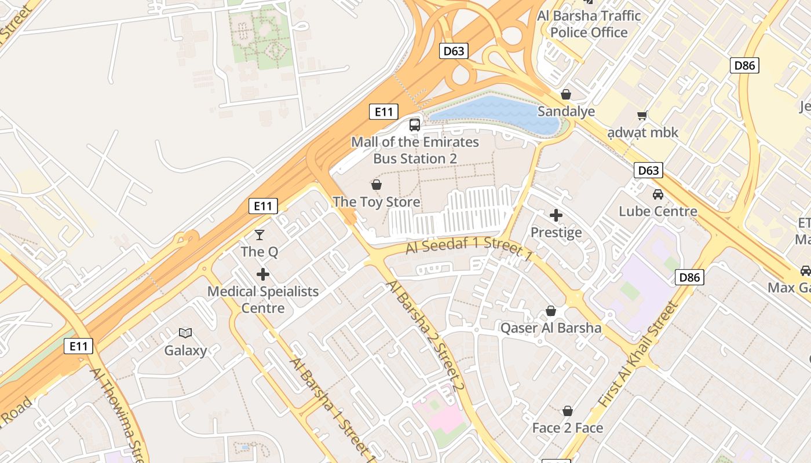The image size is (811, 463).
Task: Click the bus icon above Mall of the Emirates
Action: pyautogui.click(x=415, y=124)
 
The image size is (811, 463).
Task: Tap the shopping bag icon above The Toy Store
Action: pyautogui.click(x=377, y=185)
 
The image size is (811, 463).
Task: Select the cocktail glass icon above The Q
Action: pyautogui.click(x=260, y=234)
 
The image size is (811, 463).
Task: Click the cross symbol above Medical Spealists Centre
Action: pyautogui.click(x=263, y=274)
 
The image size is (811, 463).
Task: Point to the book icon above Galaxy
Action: pyautogui.click(x=185, y=333)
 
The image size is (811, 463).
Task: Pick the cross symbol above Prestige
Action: pyautogui.click(x=556, y=215)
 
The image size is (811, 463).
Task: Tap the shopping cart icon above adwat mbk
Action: pyautogui.click(x=642, y=115)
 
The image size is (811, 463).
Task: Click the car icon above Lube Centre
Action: pyautogui.click(x=658, y=194)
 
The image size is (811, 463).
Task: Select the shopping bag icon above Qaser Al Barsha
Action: pyautogui.click(x=551, y=311)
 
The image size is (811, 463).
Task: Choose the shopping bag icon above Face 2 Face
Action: pyautogui.click(x=568, y=411)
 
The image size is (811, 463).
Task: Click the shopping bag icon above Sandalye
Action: pyautogui.click(x=566, y=94)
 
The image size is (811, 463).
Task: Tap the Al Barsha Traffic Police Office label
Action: pyautogui.click(x=589, y=24)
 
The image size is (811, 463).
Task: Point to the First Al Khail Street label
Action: pyautogui.click(x=637, y=354)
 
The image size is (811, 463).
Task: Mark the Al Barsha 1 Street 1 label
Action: pyautogui.click(x=333, y=409)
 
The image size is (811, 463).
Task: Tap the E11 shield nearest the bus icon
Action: pyautogui.click(x=383, y=112)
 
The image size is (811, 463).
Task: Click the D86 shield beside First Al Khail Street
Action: pyautogui.click(x=689, y=277)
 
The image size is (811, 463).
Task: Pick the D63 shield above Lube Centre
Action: pyautogui.click(x=648, y=170)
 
